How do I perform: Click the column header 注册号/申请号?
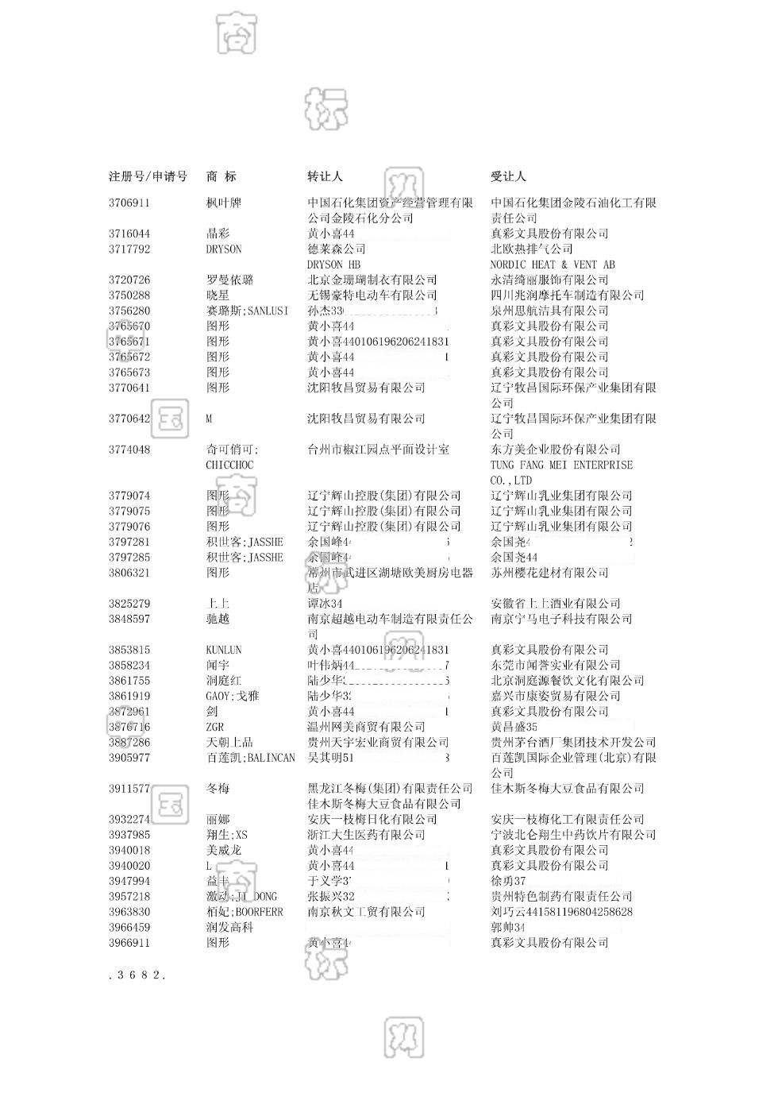coord(148,176)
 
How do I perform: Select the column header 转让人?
coord(325,176)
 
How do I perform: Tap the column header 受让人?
coord(508,176)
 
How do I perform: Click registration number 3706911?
coord(129,203)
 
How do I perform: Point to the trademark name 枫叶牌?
coord(223,203)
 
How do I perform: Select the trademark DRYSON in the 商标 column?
coord(223,249)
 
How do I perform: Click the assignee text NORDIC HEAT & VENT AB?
coord(553,264)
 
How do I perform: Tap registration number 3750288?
coord(129,295)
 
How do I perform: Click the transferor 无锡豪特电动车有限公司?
coord(372,295)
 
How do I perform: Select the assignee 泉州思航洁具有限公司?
coord(549,311)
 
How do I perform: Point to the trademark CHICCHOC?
coord(229,465)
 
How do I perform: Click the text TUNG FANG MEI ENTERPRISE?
coord(561,465)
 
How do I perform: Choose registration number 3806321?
coord(129,573)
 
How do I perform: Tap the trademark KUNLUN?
coord(223,650)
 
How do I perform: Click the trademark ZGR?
coord(214,727)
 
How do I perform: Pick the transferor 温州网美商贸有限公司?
coord(366,727)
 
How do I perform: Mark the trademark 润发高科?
coord(229,928)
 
